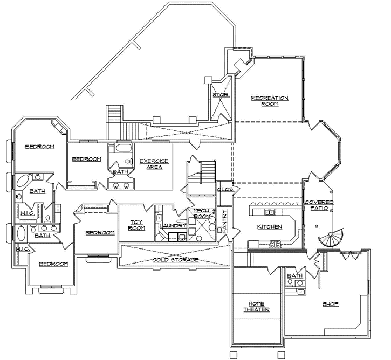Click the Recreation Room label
coord(270,101)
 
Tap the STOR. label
coord(221,95)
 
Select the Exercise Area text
coord(154,164)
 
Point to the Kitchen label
coord(269,227)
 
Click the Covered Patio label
coord(319,205)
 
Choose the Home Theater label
coord(256,306)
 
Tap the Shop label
coord(331,304)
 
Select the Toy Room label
coord(136,225)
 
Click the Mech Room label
coord(201,213)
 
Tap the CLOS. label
coord(225,190)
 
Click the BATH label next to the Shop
coord(295,276)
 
